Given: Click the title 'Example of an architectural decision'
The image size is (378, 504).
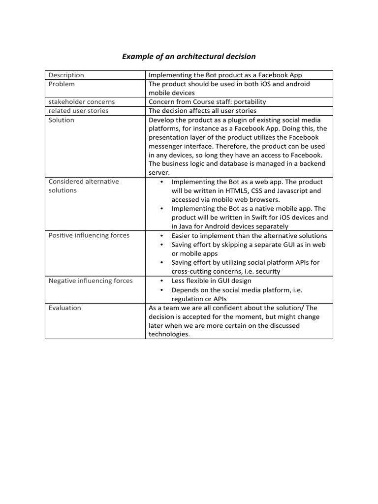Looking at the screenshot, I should coord(189,57).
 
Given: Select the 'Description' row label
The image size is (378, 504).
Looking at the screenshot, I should coord(66,75).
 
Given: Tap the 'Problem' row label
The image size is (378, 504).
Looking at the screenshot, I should coord(62,84).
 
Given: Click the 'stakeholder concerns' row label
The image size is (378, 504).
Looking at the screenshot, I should coord(81,102).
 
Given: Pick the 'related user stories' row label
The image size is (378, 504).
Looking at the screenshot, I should coord(78,111).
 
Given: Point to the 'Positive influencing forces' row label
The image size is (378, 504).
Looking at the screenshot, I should coord(89,235).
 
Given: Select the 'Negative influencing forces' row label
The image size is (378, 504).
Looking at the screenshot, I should coord(91,281).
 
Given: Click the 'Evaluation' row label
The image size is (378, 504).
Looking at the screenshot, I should coord(64,308).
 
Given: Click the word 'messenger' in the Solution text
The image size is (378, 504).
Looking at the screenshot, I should coord(165,147).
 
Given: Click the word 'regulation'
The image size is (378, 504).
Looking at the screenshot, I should coord(188,299).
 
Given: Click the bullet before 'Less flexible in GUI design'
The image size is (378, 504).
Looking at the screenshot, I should coord(162,281).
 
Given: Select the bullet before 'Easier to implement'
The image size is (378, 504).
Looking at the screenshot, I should coord(162,235).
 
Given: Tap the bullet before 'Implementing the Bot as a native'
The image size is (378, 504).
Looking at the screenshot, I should coord(162,209).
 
